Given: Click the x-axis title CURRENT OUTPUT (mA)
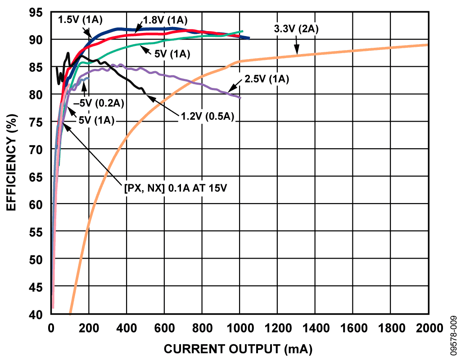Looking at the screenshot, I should pos(238,349).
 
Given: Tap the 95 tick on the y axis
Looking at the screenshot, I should pos(36,13).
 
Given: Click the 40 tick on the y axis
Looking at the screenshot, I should pos(36,314).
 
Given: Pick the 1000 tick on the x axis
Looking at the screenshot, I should pos(239,328).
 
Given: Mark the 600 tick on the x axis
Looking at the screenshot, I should pos(164,328).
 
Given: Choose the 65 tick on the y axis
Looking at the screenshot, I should pos(36,177).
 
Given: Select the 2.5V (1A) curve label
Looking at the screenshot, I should pos(267,79).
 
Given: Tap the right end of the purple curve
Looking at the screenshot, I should pos(240,98).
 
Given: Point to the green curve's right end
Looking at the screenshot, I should pos(243,31).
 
